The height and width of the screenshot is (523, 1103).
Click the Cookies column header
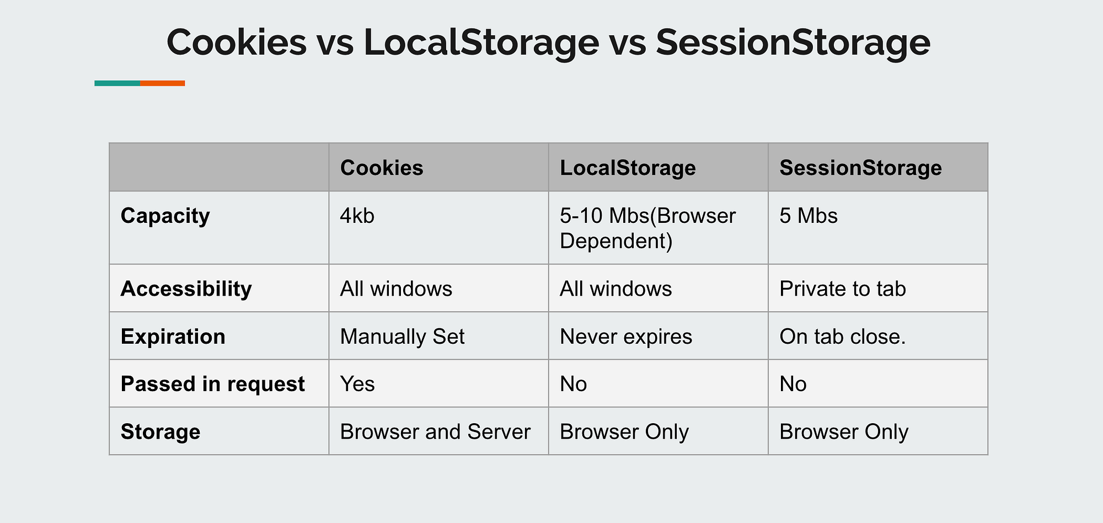pyautogui.click(x=382, y=168)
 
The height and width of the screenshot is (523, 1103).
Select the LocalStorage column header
pyautogui.click(x=628, y=168)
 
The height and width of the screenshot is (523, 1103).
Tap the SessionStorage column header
pyautogui.click(x=860, y=168)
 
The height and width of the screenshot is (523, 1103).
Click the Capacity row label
pyautogui.click(x=165, y=216)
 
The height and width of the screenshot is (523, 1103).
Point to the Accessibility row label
pyautogui.click(x=186, y=289)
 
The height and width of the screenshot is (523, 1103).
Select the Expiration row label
pyautogui.click(x=173, y=337)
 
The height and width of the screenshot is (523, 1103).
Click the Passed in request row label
pyautogui.click(x=212, y=384)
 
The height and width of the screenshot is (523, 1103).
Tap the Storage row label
pyautogui.click(x=160, y=431)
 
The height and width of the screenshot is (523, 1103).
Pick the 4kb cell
pyautogui.click(x=357, y=216)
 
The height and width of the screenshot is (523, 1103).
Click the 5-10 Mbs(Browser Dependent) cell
pyautogui.click(x=647, y=228)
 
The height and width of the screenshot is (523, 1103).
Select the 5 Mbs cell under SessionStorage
pyautogui.click(x=808, y=216)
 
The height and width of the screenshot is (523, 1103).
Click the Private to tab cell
pyautogui.click(x=842, y=289)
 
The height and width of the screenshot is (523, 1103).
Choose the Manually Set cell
pyautogui.click(x=402, y=337)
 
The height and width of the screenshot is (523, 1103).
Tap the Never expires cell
pyautogui.click(x=625, y=337)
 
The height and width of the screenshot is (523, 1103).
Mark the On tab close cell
pyautogui.click(x=842, y=337)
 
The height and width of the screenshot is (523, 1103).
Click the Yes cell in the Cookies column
pyautogui.click(x=357, y=384)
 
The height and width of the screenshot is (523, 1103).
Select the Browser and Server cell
pyautogui.click(x=435, y=431)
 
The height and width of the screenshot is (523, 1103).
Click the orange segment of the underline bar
pyautogui.click(x=162, y=83)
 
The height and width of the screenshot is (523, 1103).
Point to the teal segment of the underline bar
pyautogui.click(x=117, y=83)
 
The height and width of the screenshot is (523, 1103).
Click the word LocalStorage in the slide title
pyautogui.click(x=481, y=42)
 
